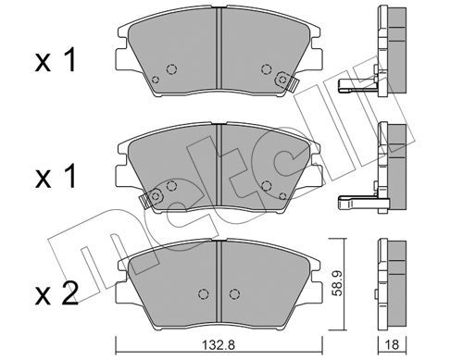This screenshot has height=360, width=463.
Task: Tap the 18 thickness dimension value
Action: tap(393, 344)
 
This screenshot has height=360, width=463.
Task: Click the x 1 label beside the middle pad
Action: tap(56, 177)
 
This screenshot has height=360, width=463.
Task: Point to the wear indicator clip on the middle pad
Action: tap(151, 198)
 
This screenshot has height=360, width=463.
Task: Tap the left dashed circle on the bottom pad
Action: tap(203, 293)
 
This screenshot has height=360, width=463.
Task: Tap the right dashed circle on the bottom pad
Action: tap(234, 293)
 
